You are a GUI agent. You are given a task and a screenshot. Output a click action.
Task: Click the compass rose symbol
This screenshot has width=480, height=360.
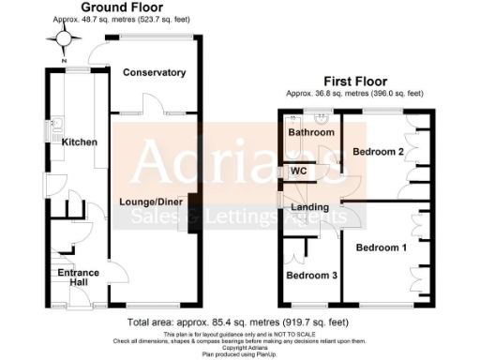63,38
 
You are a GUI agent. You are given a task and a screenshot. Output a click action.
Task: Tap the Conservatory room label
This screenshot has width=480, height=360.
154,73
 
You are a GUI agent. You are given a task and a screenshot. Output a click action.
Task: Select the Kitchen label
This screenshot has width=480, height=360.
80,142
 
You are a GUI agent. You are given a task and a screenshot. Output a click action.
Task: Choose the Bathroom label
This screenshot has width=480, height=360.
311,133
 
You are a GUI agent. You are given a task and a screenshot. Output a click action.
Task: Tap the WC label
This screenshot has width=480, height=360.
299,172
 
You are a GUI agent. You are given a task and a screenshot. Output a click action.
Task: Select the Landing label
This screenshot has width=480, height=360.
309,207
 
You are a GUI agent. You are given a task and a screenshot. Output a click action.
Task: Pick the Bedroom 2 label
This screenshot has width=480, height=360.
379,151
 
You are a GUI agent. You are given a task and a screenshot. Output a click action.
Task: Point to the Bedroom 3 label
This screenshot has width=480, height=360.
310,277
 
